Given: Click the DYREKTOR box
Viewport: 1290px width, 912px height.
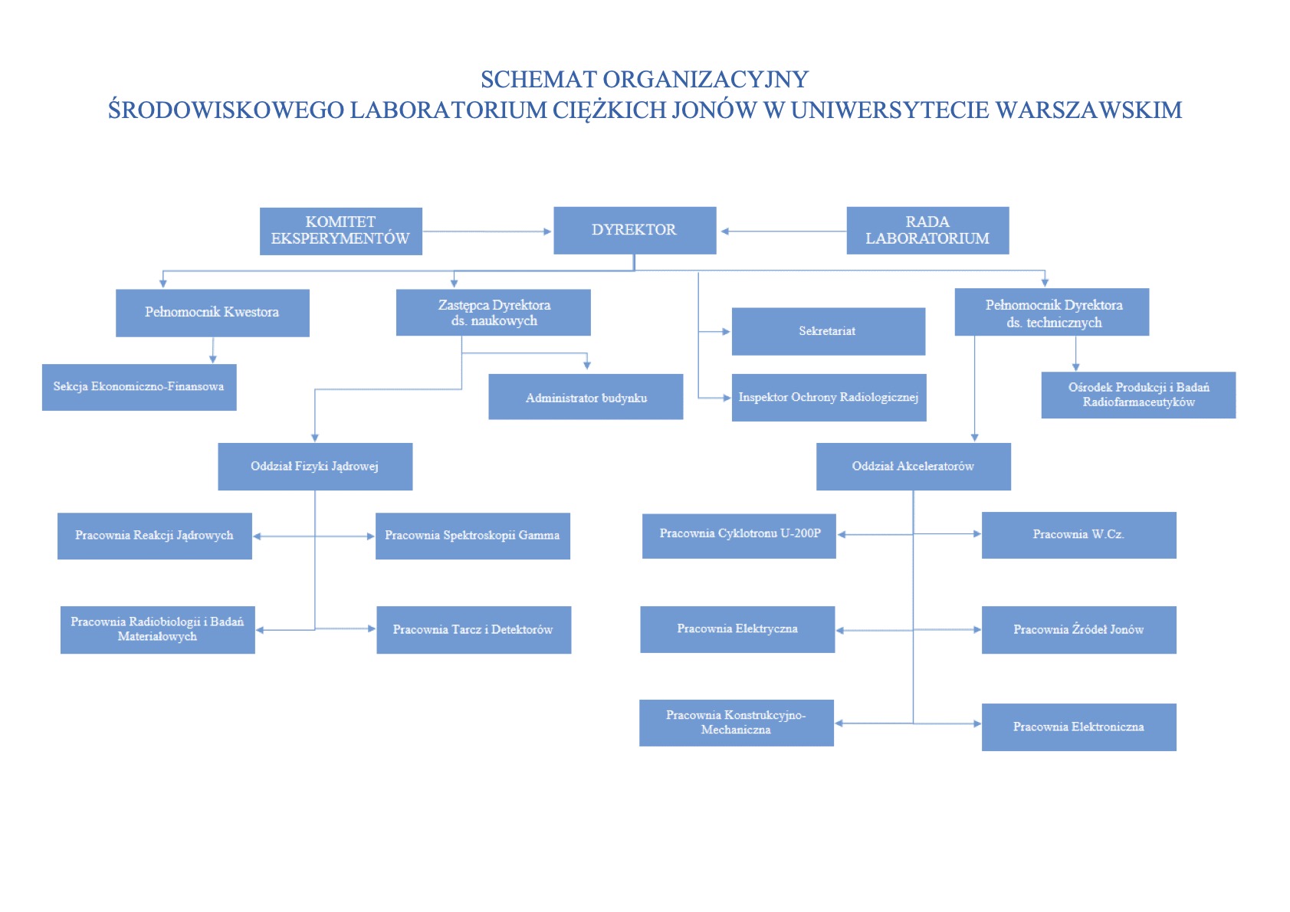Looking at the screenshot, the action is point(635,231).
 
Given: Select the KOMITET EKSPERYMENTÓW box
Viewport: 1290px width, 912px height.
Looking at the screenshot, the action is point(341,231).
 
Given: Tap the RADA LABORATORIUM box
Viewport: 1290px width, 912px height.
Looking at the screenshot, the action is point(927,231).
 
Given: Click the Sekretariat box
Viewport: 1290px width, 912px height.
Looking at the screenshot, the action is point(829,331).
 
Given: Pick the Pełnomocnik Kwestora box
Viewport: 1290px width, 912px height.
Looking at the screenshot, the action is point(212,313).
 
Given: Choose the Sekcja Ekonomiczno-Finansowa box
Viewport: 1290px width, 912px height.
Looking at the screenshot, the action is point(140,387).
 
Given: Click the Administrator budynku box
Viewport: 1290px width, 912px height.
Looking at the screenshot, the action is point(586,397).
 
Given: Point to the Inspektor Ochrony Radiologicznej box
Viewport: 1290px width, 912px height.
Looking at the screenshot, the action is point(829,397).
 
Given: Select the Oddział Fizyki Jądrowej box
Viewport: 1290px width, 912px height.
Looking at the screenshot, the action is point(315,467).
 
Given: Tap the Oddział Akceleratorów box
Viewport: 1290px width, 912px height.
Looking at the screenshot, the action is point(914,467).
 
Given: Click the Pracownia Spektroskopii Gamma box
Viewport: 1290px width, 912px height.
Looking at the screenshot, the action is point(473,536).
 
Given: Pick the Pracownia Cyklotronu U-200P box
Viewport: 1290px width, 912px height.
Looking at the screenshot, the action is point(739,536).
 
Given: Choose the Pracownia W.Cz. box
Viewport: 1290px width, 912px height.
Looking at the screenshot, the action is point(1079,535).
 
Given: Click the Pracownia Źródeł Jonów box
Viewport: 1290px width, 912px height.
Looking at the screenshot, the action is point(1079,629).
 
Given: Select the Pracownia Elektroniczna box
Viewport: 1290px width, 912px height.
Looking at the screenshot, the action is point(1079,727).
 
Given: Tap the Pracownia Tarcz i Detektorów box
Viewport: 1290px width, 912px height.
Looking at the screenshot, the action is point(474,629).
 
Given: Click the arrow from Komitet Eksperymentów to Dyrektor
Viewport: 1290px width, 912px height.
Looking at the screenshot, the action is point(487,231).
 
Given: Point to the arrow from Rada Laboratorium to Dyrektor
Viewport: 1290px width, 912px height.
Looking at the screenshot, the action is point(784,231).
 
